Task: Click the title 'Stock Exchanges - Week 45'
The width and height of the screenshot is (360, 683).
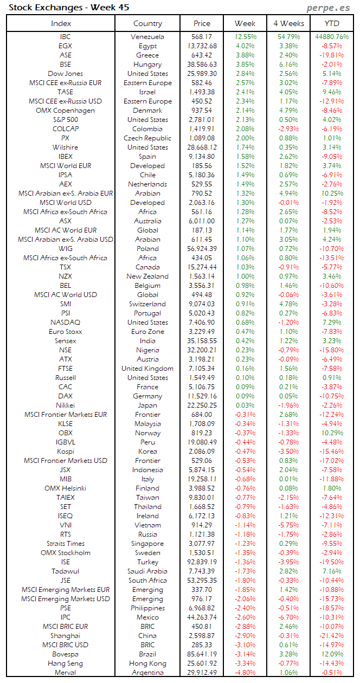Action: (x=69, y=8)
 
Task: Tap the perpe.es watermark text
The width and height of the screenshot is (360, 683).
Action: (x=329, y=8)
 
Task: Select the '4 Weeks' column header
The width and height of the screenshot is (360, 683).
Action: (x=288, y=23)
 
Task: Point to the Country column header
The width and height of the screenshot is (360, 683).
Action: (x=147, y=23)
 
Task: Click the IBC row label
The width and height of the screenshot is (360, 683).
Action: (x=65, y=37)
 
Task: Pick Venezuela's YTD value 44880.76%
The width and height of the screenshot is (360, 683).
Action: (x=331, y=37)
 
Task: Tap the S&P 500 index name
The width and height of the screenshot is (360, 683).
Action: (x=65, y=120)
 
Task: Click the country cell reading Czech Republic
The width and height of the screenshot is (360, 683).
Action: (x=147, y=138)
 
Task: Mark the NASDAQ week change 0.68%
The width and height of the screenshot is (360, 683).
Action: (x=245, y=323)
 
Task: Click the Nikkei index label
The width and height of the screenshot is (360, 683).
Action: (x=65, y=405)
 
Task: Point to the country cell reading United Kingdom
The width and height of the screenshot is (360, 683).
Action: (x=147, y=369)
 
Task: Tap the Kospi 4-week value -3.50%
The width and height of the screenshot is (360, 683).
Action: (x=288, y=452)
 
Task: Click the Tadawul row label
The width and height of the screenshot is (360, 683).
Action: (x=65, y=571)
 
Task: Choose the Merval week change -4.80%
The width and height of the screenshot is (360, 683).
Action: (x=245, y=673)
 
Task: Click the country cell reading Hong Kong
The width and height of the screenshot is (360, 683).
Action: (x=147, y=663)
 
